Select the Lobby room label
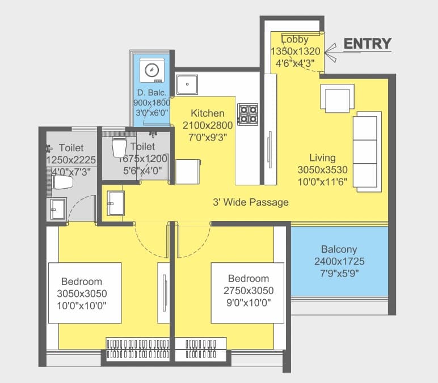point(294,40)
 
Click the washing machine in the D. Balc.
point(151,70)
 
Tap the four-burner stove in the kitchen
point(247,113)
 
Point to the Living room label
point(322,158)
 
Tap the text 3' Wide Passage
point(250,202)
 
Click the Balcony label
point(339,249)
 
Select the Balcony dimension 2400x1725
point(339,261)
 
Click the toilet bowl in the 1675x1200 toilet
point(119,147)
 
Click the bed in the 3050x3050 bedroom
point(84,293)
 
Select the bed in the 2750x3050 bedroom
point(247,290)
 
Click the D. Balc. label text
point(150,92)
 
